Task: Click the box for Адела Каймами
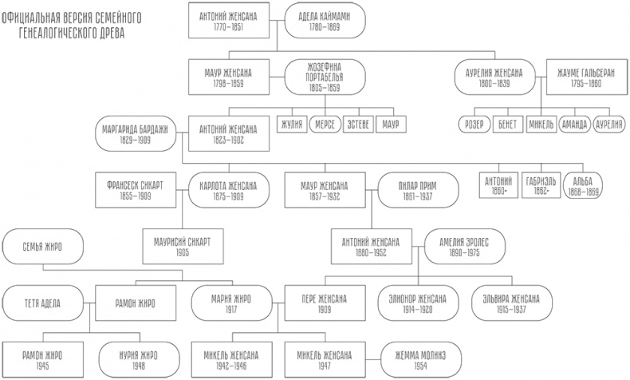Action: pyautogui.click(x=324, y=22)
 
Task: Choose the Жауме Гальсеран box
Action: pyautogui.click(x=581, y=77)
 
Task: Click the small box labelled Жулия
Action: pyautogui.click(x=292, y=125)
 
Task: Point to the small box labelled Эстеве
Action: pyautogui.click(x=357, y=125)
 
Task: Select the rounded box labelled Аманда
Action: pyautogui.click(x=574, y=125)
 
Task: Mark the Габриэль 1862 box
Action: pyautogui.click(x=538, y=186)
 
